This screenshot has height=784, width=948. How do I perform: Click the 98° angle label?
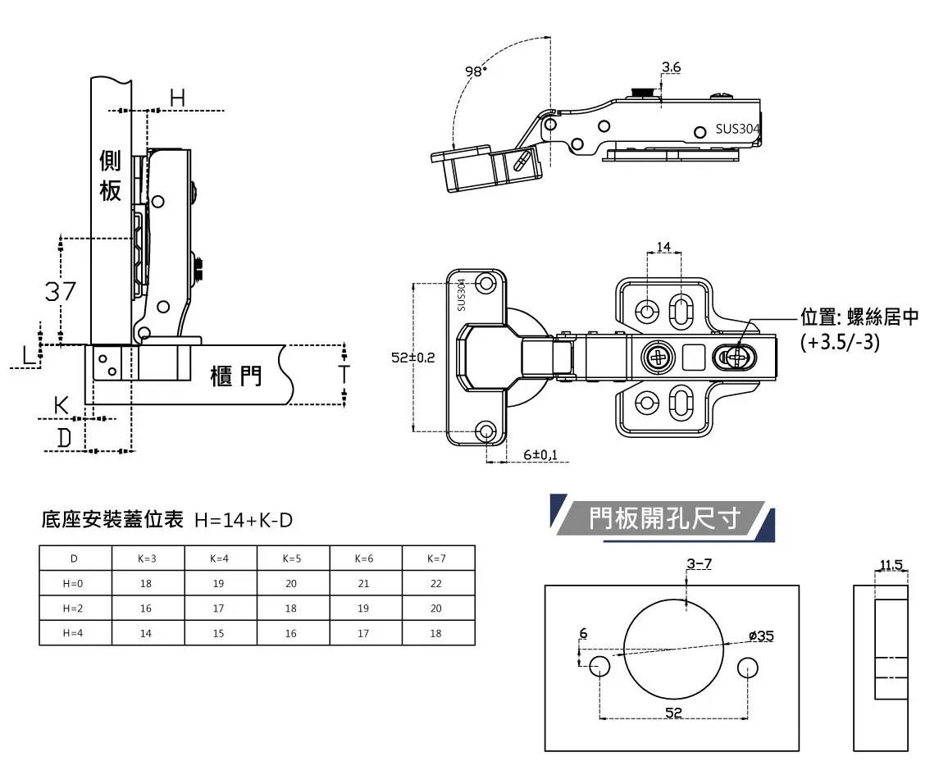click(476, 71)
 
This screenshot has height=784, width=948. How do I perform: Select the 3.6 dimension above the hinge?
click(670, 66)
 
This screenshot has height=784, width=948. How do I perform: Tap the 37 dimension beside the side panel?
click(61, 291)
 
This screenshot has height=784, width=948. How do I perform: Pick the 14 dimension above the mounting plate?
click(663, 247)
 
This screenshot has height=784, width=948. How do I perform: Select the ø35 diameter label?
click(761, 636)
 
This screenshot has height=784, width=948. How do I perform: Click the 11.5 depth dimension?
click(891, 564)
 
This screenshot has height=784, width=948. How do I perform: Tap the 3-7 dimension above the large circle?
click(699, 563)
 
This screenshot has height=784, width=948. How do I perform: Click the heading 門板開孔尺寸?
click(664, 518)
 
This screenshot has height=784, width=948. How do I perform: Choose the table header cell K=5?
click(292, 558)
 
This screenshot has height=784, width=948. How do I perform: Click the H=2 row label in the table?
click(74, 609)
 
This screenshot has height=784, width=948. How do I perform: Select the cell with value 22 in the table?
click(436, 584)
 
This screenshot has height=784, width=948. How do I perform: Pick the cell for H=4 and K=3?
click(147, 633)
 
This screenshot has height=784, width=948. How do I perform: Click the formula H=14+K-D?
click(244, 520)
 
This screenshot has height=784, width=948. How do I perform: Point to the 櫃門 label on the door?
click(236, 376)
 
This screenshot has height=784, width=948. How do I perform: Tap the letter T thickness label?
click(344, 375)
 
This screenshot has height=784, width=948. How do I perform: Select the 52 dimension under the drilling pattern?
click(673, 712)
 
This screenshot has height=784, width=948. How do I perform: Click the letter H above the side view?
click(177, 98)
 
